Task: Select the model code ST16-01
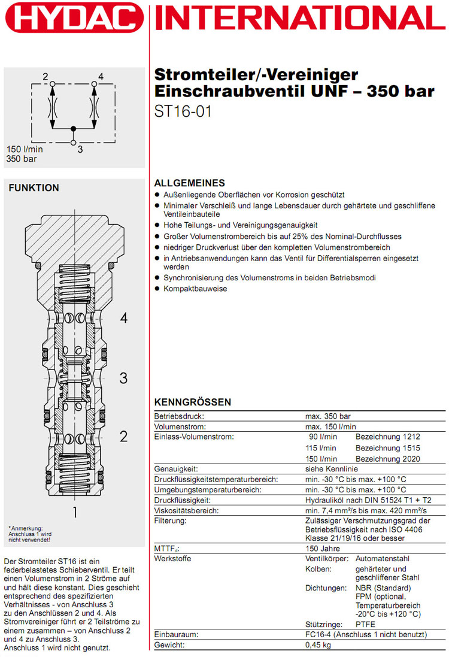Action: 183,111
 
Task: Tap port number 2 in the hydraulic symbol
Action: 45,76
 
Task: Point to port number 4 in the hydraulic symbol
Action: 101,76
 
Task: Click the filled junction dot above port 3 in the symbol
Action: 73,128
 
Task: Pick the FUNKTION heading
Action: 34,188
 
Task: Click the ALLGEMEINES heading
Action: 190,183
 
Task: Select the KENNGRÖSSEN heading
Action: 193,402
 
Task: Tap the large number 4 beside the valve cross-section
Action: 123,318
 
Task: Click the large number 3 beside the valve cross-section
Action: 123,378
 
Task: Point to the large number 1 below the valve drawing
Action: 75,512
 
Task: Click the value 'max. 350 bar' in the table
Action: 328,416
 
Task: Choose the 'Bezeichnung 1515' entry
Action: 388,448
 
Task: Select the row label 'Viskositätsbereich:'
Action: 186,511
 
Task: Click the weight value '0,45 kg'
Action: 318,645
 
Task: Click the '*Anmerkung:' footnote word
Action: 23,528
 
